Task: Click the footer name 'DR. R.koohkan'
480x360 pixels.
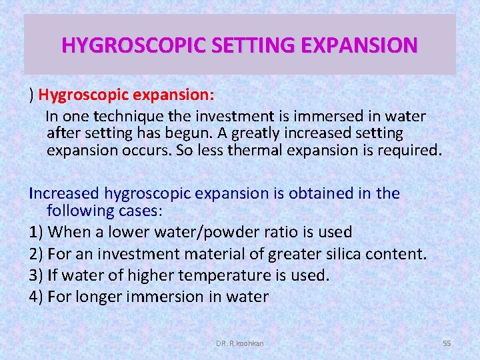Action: tap(240, 343)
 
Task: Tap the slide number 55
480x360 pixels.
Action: tap(447, 343)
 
